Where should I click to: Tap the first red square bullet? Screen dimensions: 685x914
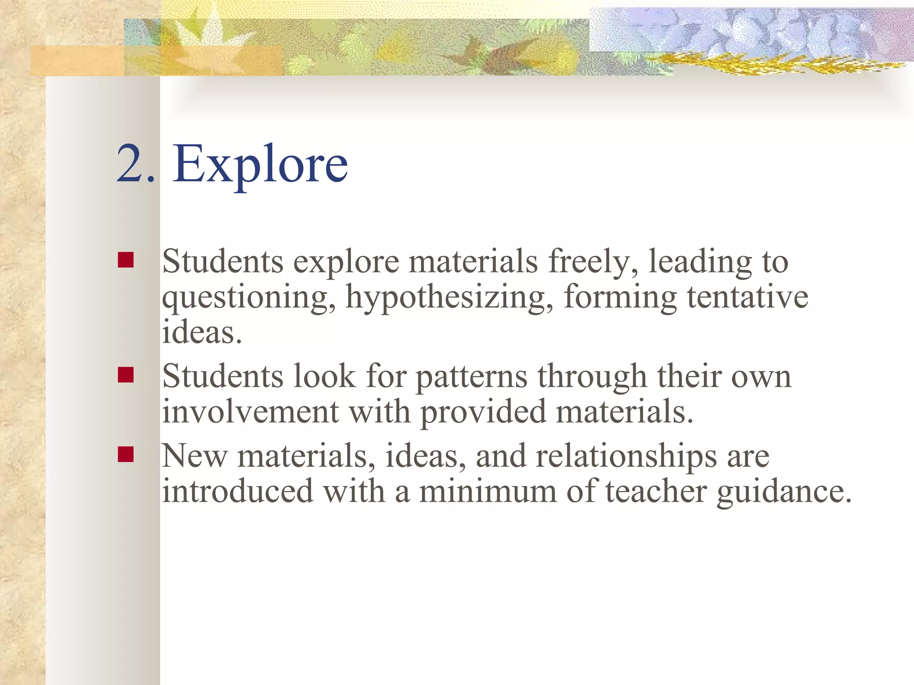[x=126, y=260]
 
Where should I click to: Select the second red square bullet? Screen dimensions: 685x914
[x=126, y=375]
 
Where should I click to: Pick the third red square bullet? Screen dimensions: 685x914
[x=126, y=454]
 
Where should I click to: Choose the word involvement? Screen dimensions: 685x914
[x=250, y=411]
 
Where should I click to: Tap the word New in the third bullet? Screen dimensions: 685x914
[x=195, y=456]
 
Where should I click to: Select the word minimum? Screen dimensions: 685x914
[x=488, y=491]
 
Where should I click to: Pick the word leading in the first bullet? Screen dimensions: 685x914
[x=700, y=262]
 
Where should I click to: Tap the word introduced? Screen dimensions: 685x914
[x=237, y=491]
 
